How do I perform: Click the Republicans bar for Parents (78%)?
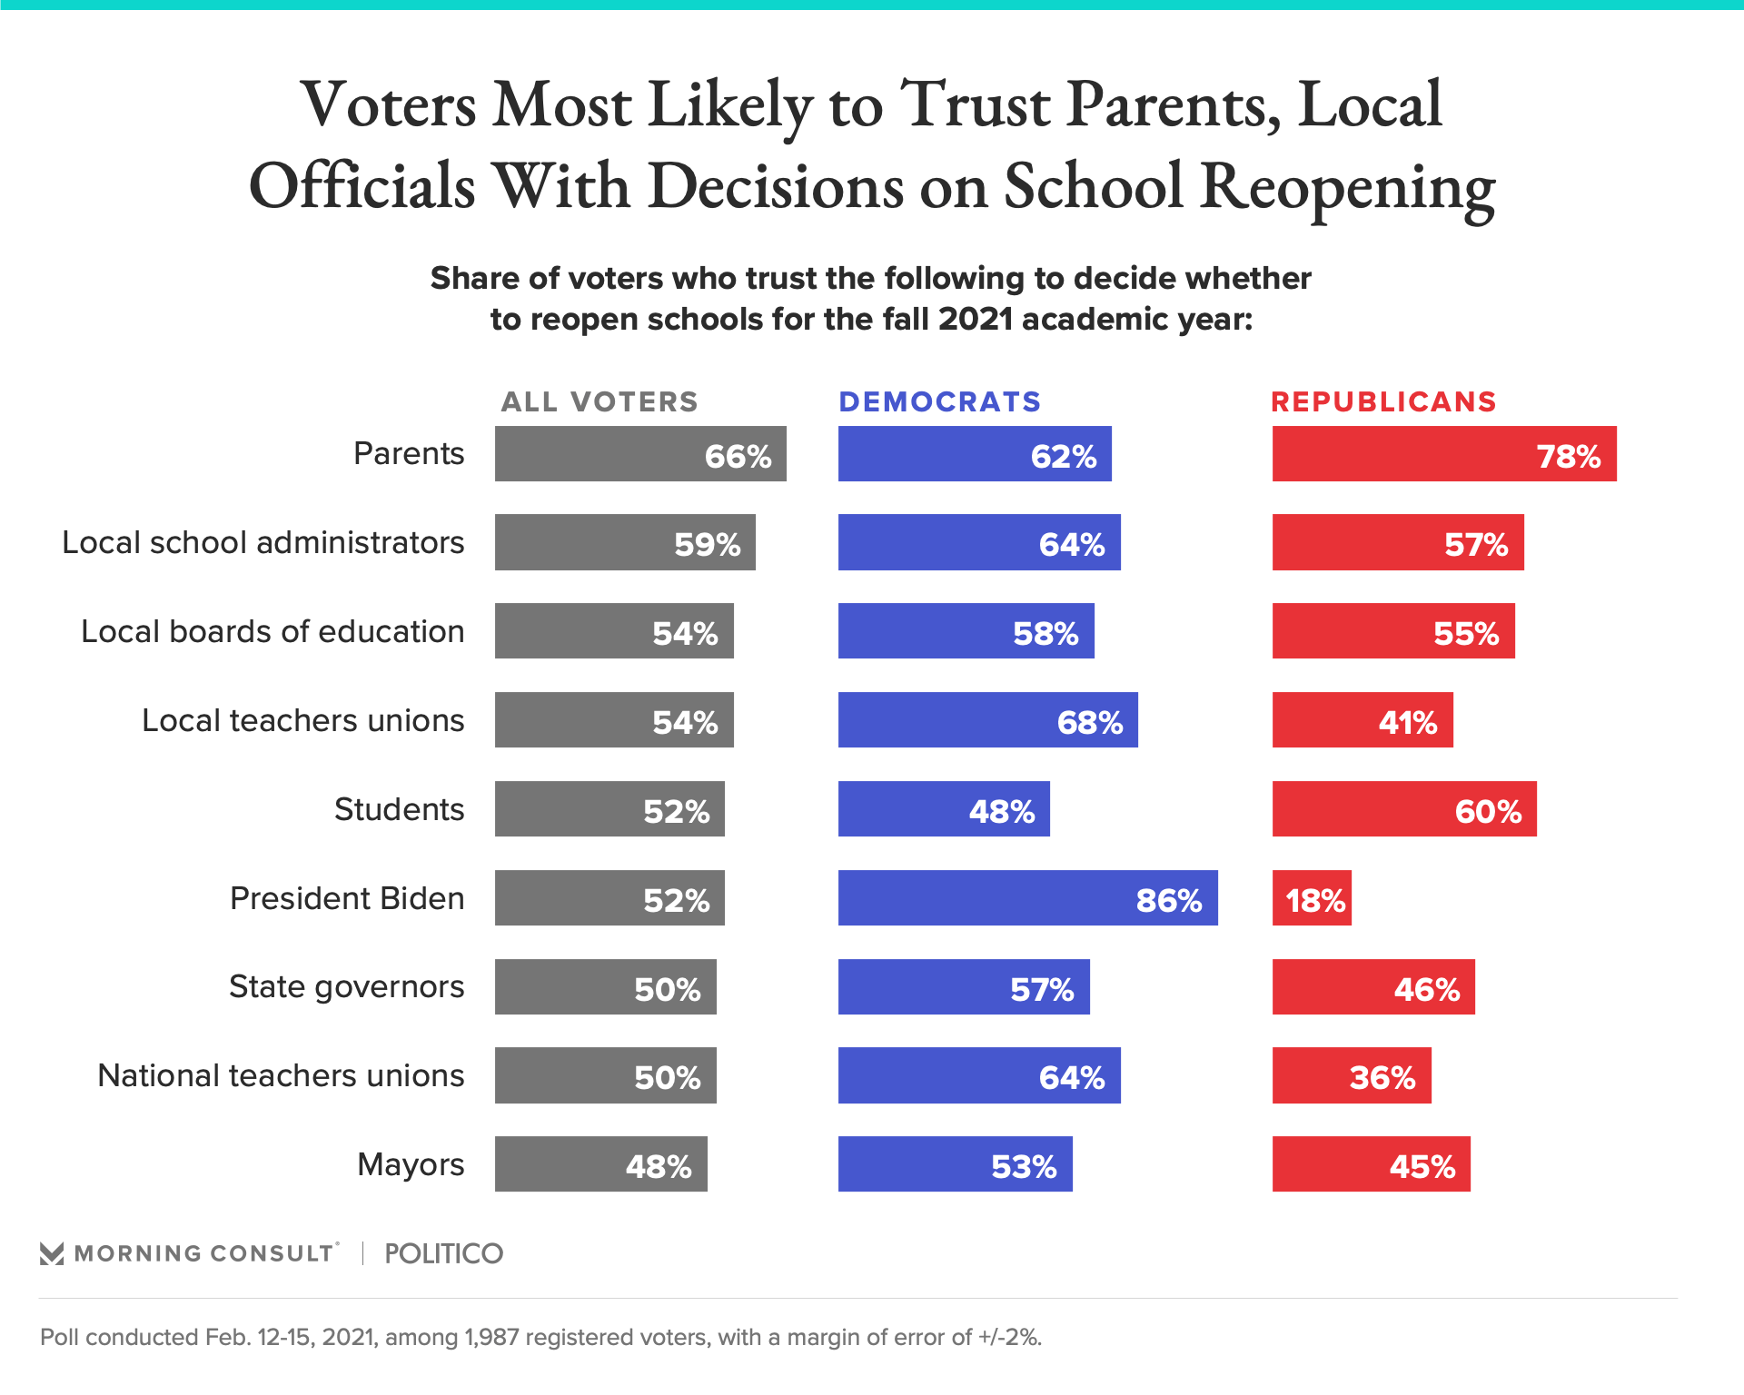1444,454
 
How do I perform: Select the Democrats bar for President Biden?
1027,898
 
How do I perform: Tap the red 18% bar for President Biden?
1312,898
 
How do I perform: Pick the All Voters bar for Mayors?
600,1164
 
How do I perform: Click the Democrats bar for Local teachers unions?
987,720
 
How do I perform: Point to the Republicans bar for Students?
1404,809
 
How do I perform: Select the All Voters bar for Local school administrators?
625,542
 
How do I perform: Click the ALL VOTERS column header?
599,401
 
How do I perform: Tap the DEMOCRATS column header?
939,401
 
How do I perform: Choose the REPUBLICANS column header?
1383,401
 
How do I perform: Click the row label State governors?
346,986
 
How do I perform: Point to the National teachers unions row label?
281,1075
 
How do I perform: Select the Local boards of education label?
272,631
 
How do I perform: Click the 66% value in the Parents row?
738,456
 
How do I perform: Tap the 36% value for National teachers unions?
1382,1078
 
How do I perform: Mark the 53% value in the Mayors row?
1024,1167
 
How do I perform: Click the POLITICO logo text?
443,1253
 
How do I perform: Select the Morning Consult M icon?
52,1254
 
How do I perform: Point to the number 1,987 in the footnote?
491,1338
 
